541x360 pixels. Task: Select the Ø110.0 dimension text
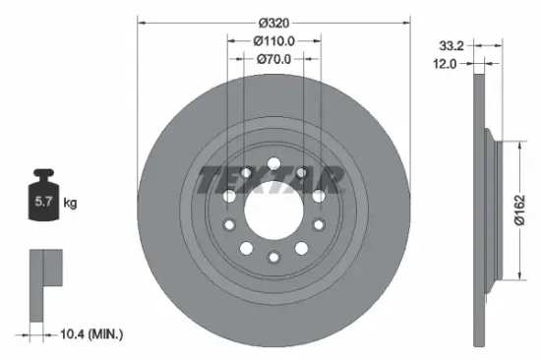tap(272, 40)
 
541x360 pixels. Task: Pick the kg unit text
tap(70, 204)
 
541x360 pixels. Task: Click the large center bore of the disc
tap(271, 208)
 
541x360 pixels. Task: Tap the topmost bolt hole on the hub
tap(272, 161)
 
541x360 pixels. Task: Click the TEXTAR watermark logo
tap(271, 180)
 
